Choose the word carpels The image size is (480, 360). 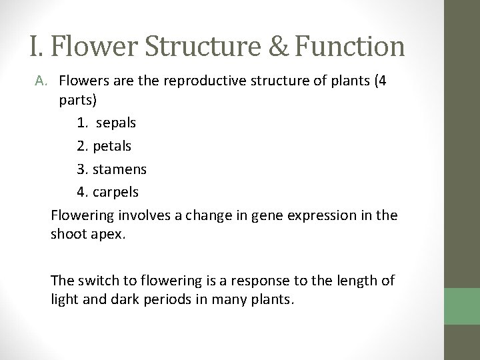point(117,192)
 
